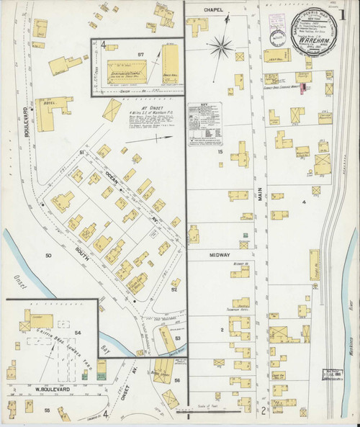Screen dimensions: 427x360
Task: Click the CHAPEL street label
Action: [x=214, y=9]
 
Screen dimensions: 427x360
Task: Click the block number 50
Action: [x=49, y=256]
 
